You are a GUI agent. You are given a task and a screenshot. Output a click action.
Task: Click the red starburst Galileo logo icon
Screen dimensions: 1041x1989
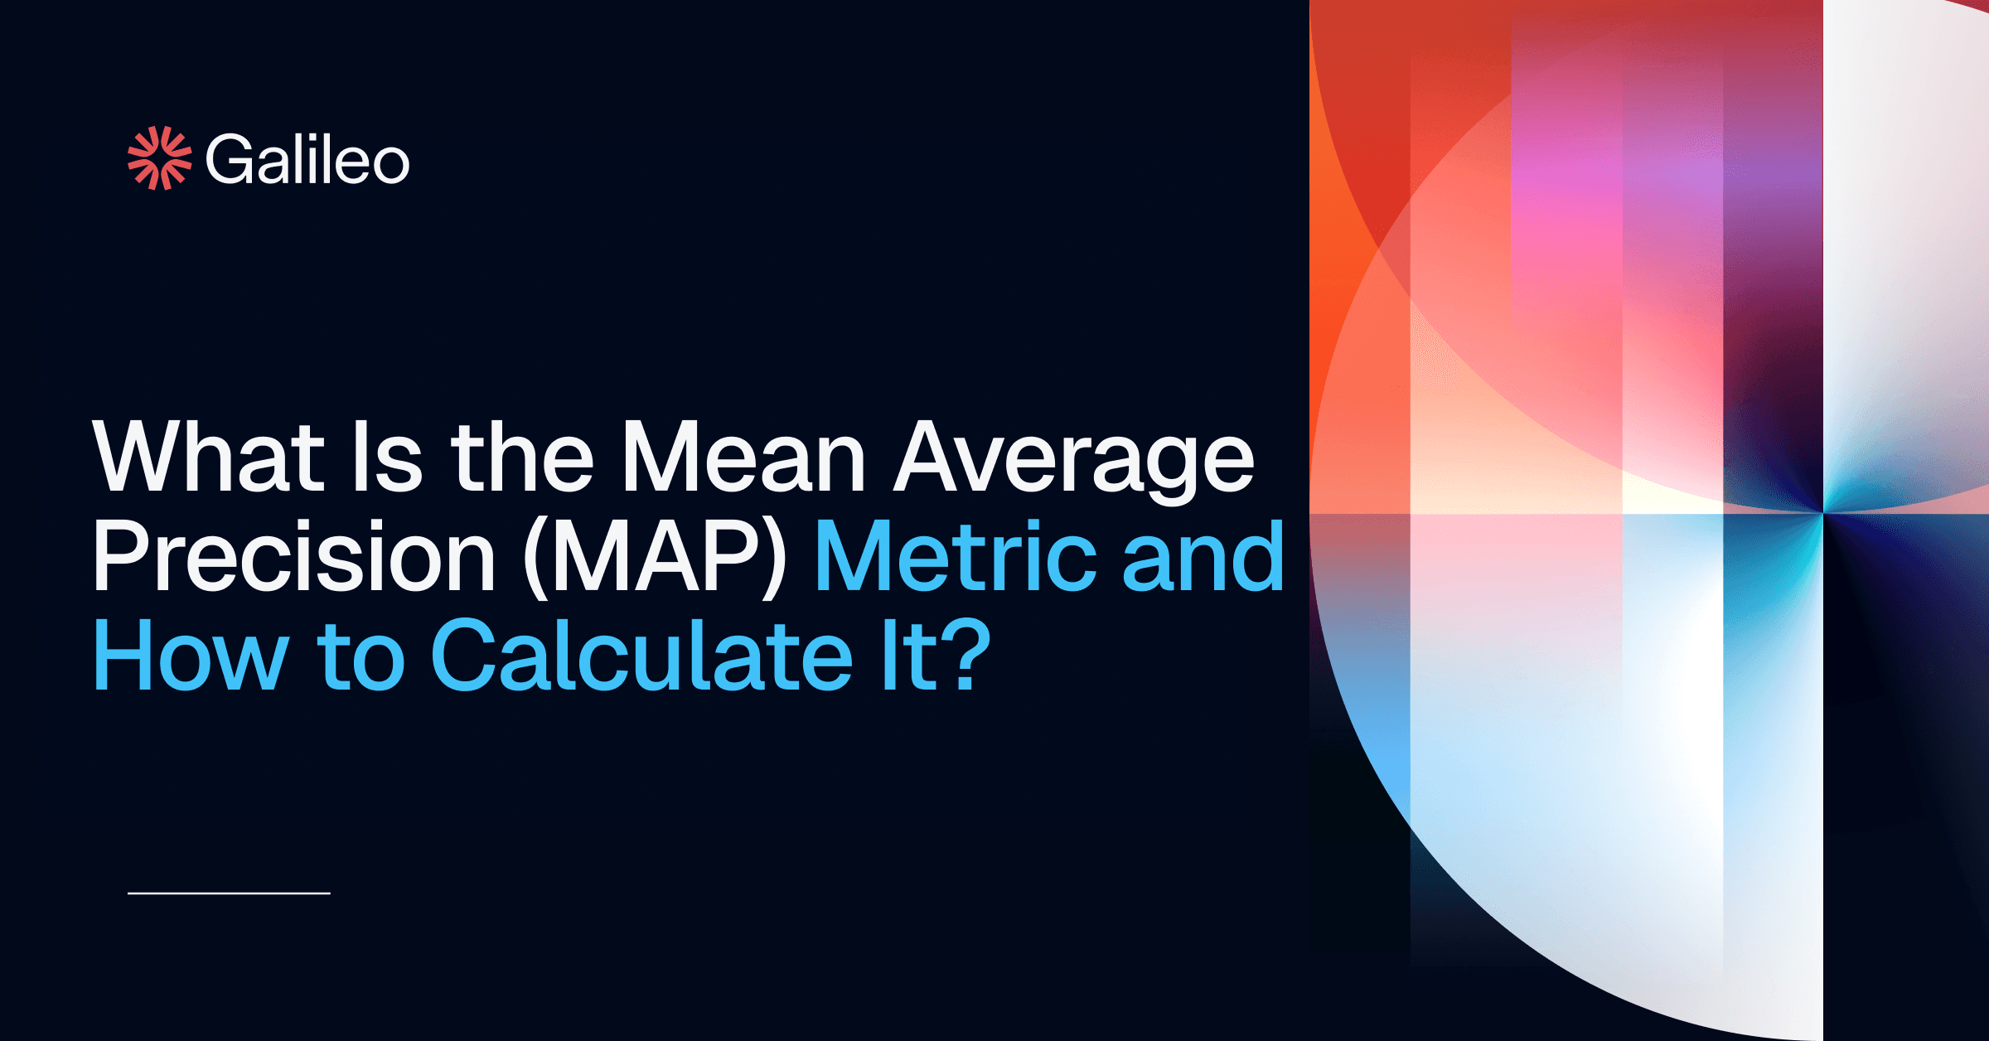(159, 157)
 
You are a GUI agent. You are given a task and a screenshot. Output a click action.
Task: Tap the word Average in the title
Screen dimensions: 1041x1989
(1074, 460)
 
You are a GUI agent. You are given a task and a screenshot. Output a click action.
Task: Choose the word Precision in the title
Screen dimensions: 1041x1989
(294, 557)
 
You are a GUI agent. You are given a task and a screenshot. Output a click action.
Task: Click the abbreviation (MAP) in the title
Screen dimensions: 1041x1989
(656, 557)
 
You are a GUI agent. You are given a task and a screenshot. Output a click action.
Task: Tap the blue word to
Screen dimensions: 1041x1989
(361, 656)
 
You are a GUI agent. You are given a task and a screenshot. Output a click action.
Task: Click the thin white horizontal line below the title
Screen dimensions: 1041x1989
(229, 893)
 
